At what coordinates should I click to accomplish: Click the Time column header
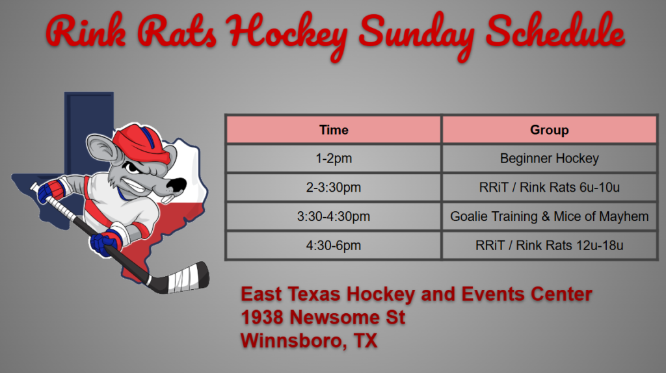coord(334,129)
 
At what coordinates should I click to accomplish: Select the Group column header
coord(549,129)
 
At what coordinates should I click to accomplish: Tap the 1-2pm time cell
coord(334,159)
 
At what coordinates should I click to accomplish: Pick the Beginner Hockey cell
coord(549,159)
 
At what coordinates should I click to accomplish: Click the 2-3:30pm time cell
coord(334,187)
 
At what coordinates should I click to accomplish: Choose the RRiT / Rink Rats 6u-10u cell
coord(549,187)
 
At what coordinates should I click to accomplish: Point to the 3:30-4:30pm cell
coord(334,216)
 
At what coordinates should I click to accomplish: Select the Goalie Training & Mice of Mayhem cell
coord(549,216)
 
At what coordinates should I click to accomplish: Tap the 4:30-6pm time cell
coord(334,245)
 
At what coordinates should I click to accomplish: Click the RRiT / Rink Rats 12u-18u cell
coord(549,245)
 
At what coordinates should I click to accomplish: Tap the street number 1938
coord(261,317)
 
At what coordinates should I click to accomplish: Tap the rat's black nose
coord(176,185)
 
